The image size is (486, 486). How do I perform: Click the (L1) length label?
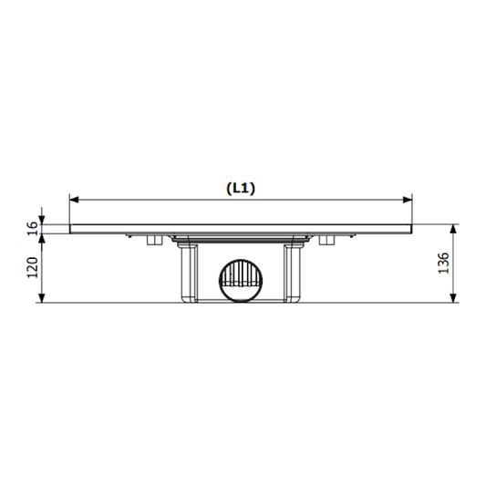tap(241, 189)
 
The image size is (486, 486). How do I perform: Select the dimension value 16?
tap(31, 228)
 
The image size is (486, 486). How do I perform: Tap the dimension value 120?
tap(31, 268)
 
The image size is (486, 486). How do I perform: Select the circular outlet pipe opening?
tap(241, 280)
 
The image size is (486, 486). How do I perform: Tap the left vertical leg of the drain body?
tap(188, 274)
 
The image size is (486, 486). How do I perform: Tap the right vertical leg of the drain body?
tap(294, 274)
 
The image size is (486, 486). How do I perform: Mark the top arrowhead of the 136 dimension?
tap(454, 227)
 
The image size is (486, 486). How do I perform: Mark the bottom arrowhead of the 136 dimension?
tap(454, 298)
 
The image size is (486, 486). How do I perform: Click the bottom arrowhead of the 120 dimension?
tap(43, 298)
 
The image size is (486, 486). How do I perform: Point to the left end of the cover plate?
tap(72, 228)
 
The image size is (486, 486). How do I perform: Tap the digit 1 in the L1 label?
tap(247, 189)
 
